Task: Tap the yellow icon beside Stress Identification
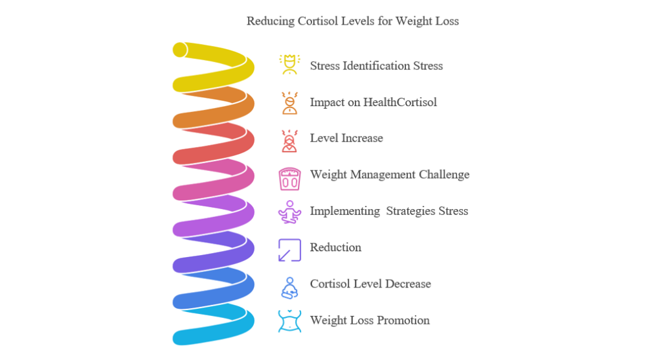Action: pos(289,65)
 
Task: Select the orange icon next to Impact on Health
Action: pos(289,103)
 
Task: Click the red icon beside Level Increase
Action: pos(289,141)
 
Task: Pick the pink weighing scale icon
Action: pos(289,179)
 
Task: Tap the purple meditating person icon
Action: pos(289,212)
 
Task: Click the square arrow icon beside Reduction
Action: pos(289,250)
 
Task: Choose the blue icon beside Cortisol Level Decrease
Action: pos(289,287)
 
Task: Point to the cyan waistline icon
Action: pos(289,321)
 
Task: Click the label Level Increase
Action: pos(346,139)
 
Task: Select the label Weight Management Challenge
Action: pos(389,175)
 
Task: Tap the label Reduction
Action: pos(335,247)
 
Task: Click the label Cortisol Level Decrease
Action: pos(370,284)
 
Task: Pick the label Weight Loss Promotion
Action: pos(370,321)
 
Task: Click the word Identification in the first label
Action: pos(376,66)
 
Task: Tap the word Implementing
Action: pos(345,211)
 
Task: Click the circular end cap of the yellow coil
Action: pos(180,50)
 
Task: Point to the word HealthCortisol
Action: pos(400,102)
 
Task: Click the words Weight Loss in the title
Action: pos(427,21)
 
